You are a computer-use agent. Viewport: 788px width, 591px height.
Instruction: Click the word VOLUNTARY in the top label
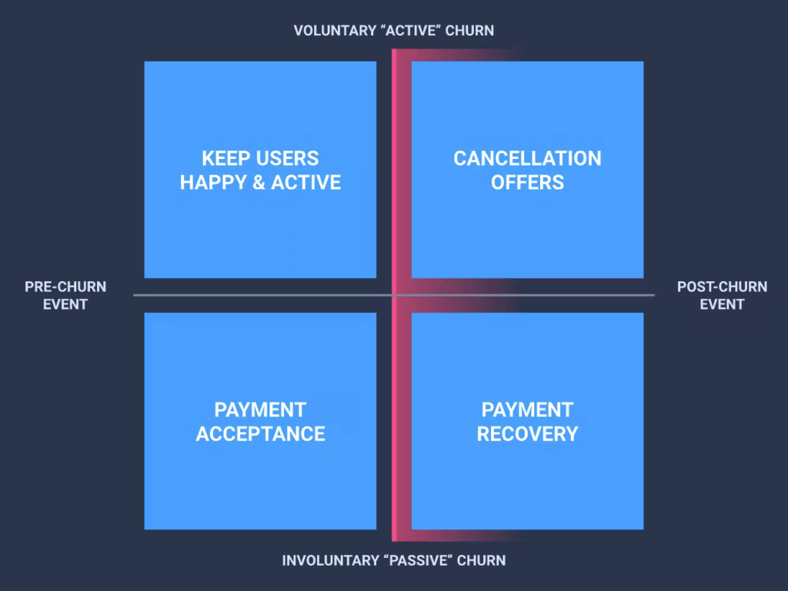(336, 31)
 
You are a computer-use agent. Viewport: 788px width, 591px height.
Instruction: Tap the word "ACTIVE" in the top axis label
(411, 31)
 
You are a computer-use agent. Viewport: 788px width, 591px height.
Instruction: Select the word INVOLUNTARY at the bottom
(330, 560)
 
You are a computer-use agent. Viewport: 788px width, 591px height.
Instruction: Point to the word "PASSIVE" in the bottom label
(418, 560)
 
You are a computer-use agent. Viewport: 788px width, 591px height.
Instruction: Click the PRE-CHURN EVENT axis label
(65, 295)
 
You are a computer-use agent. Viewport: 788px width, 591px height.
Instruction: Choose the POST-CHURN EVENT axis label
(722, 295)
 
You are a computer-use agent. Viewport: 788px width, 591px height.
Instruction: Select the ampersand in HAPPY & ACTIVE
(259, 183)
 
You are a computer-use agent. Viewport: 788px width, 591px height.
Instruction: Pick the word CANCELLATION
(527, 158)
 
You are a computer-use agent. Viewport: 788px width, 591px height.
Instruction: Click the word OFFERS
(527, 183)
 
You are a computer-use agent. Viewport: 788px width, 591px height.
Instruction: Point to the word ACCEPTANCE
(260, 434)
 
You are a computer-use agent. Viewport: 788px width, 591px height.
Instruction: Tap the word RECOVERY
(527, 434)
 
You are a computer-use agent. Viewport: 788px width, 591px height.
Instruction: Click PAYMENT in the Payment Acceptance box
(260, 410)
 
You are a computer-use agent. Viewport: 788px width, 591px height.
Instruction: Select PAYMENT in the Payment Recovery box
(527, 410)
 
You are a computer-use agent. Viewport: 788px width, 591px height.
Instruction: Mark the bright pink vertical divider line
(395, 295)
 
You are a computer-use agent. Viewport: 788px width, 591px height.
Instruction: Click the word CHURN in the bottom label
(482, 560)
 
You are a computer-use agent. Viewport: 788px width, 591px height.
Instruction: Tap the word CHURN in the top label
(469, 31)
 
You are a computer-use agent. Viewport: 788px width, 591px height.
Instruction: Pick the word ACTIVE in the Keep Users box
(306, 183)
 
